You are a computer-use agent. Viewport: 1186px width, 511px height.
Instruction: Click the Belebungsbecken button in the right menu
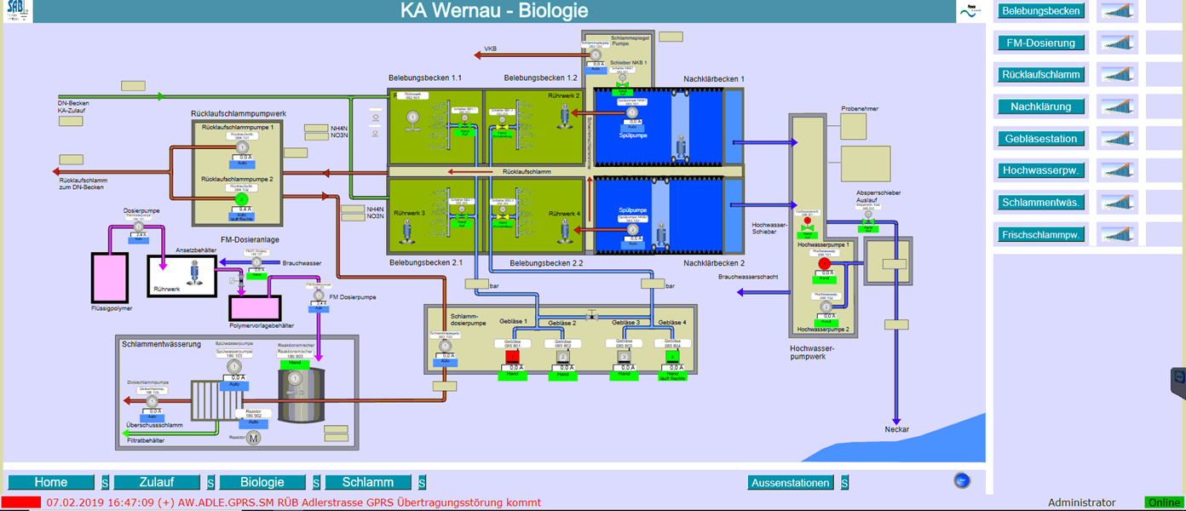pyautogui.click(x=1041, y=11)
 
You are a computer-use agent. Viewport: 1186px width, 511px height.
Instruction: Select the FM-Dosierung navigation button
pyautogui.click(x=1041, y=43)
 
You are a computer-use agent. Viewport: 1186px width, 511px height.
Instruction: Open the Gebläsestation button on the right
pyautogui.click(x=1041, y=139)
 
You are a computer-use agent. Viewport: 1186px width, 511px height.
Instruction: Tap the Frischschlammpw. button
pyautogui.click(x=1041, y=234)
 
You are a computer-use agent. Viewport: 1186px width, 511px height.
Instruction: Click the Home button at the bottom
pyautogui.click(x=51, y=482)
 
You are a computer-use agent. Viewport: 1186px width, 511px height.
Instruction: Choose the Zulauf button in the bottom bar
pyautogui.click(x=157, y=482)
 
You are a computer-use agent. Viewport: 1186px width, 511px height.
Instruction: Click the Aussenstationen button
pyautogui.click(x=791, y=483)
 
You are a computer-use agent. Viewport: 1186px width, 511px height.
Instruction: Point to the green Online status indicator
pyautogui.click(x=1163, y=502)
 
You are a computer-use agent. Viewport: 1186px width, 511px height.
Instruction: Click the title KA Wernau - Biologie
pyautogui.click(x=494, y=11)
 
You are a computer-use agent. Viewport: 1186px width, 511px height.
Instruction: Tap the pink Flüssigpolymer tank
pyautogui.click(x=111, y=277)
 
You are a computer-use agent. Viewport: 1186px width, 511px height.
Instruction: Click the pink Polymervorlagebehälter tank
pyautogui.click(x=256, y=307)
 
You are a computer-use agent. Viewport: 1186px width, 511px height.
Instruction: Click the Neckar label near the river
pyautogui.click(x=896, y=429)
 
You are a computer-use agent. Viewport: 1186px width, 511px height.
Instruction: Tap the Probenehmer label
pyautogui.click(x=859, y=109)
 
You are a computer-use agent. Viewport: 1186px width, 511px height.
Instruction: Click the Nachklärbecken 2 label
pyautogui.click(x=713, y=263)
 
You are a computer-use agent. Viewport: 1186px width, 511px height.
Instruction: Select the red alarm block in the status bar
pyautogui.click(x=21, y=502)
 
